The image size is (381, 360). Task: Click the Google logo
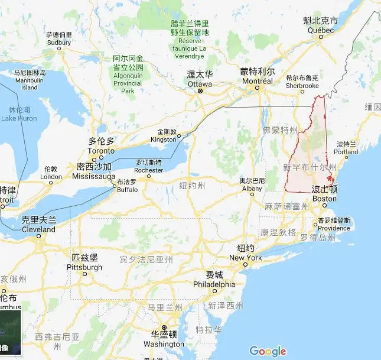[x=268, y=351]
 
